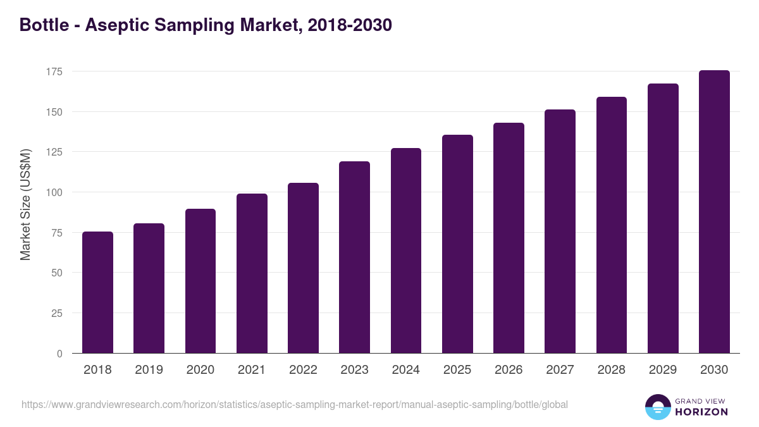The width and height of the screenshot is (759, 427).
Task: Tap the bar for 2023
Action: [354, 257]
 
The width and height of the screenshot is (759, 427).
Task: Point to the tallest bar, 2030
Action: [714, 212]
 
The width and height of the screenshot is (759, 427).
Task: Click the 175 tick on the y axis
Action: [54, 71]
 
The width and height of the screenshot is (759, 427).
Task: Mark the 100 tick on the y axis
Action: [54, 192]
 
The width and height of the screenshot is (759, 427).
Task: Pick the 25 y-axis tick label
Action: [57, 313]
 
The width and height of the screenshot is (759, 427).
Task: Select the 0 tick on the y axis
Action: [59, 354]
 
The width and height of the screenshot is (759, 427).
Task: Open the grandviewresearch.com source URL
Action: [295, 404]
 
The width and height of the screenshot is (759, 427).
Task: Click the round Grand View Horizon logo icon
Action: [657, 407]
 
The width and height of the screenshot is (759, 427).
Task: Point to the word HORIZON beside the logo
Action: [701, 412]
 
